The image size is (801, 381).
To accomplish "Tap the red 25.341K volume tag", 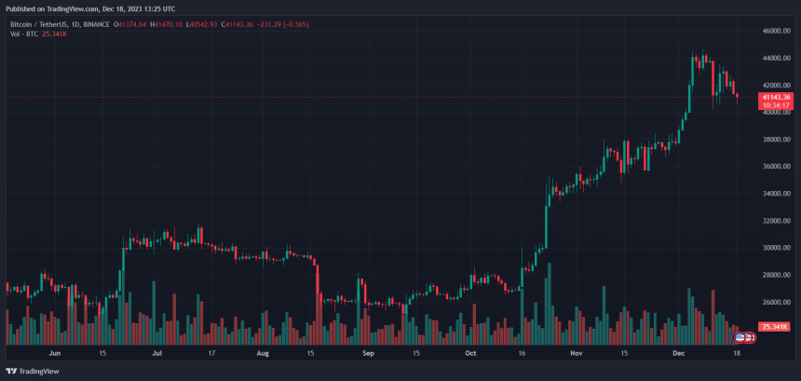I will pyautogui.click(x=775, y=327).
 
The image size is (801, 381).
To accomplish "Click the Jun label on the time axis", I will pyautogui.click(x=54, y=354).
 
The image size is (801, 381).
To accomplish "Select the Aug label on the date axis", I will pyautogui.click(x=263, y=354).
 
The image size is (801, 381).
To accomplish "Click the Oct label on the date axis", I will pyautogui.click(x=470, y=354).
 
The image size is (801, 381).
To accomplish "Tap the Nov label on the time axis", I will pyautogui.click(x=576, y=354).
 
